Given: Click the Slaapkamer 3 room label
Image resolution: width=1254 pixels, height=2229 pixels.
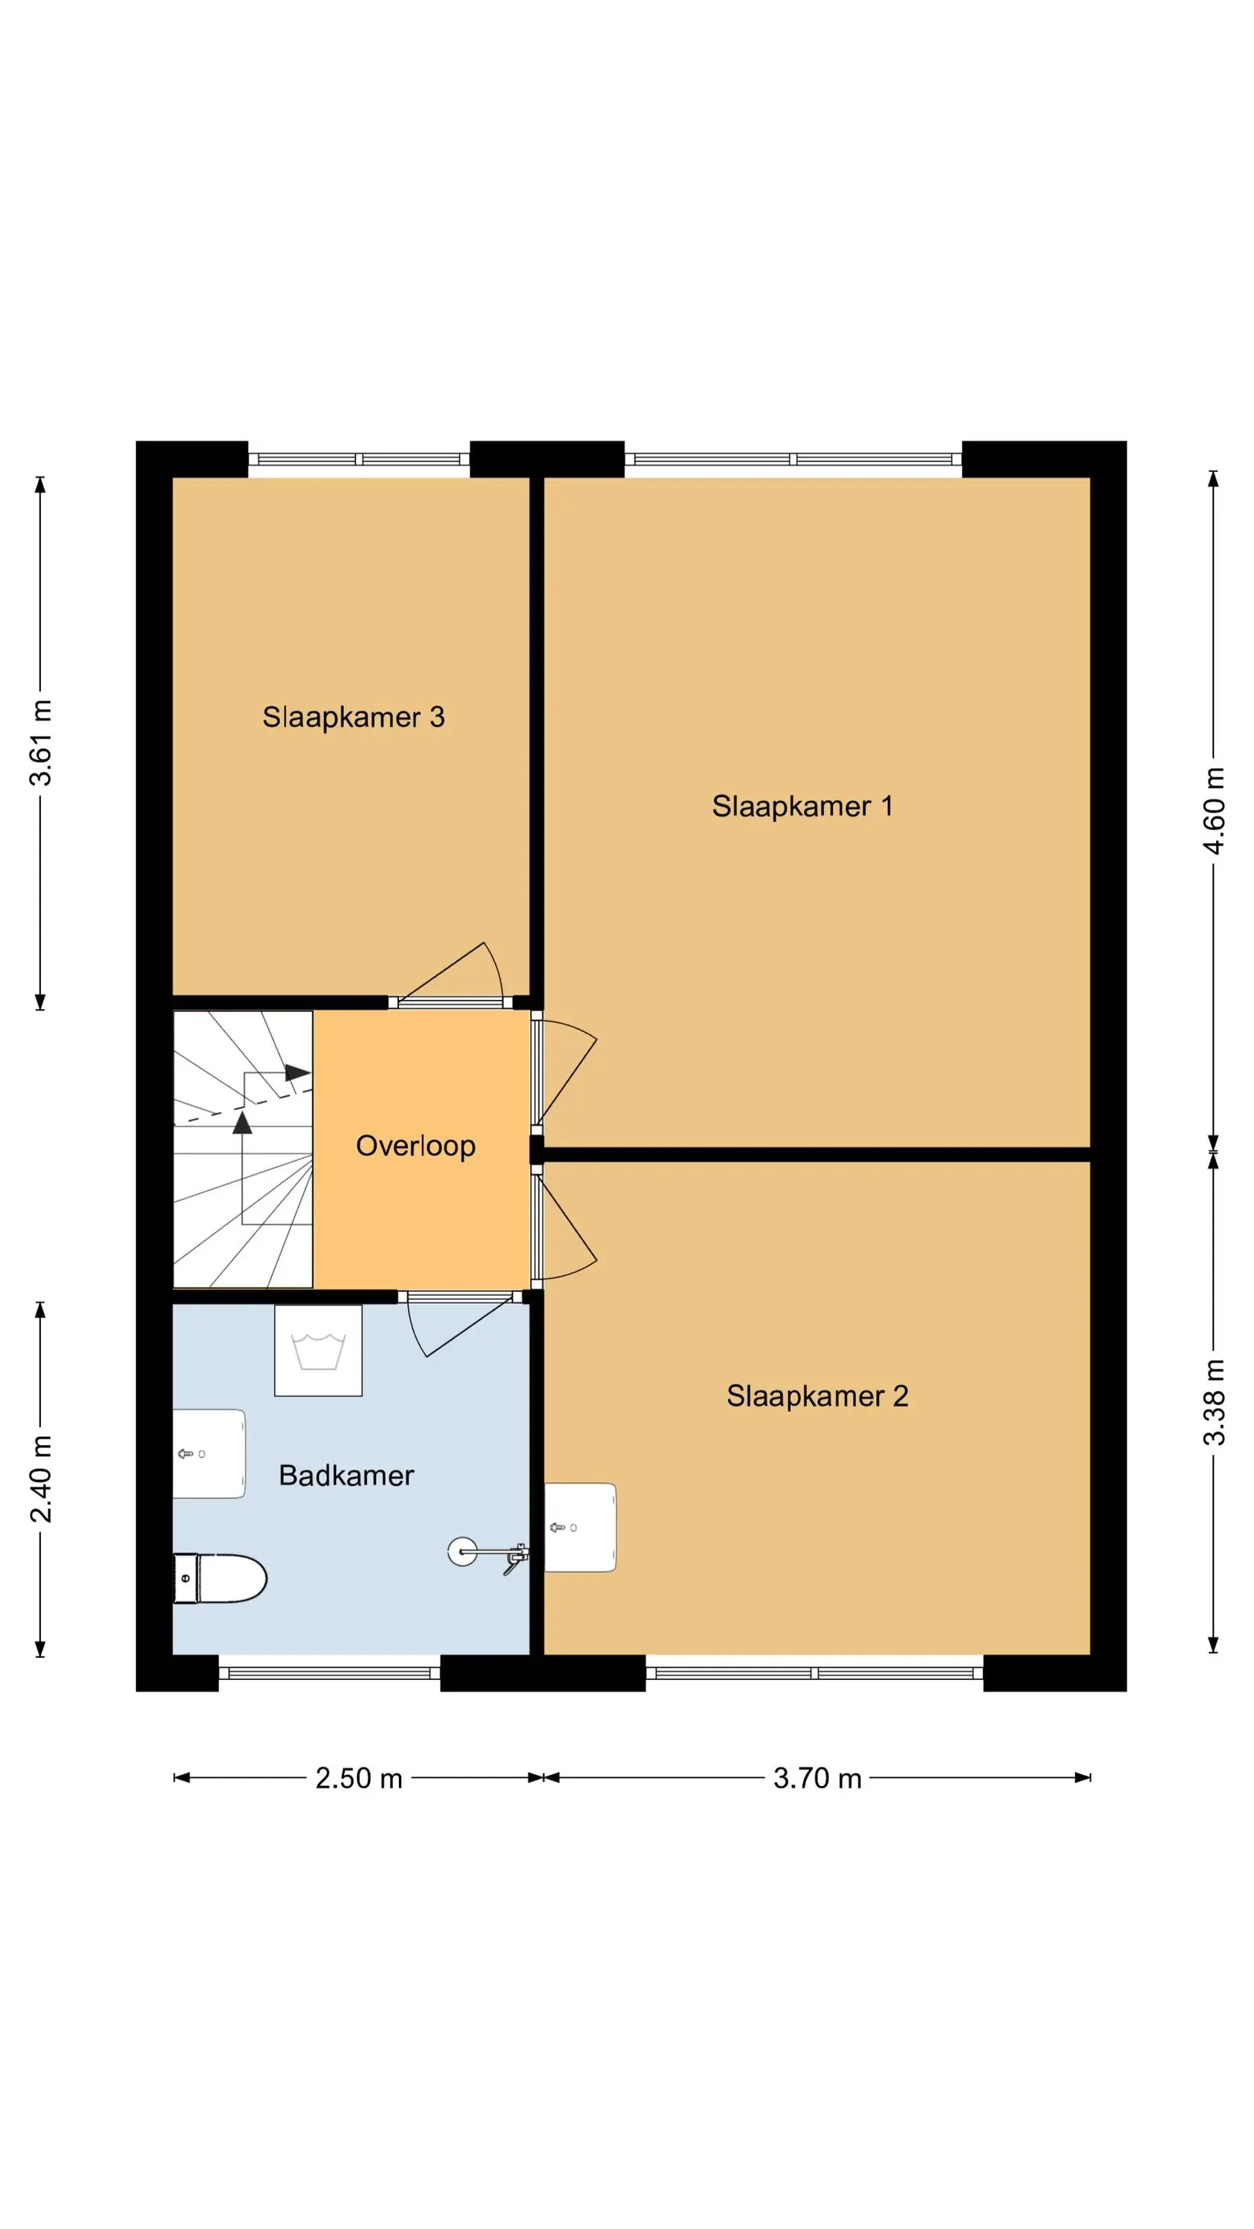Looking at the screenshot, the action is pos(353,717).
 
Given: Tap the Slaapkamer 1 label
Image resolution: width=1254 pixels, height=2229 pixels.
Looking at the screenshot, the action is pos(802,806).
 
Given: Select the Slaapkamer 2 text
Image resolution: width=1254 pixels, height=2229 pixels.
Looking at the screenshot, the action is pos(817,1397).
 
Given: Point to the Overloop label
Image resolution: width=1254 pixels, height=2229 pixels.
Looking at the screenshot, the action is pos(415,1146).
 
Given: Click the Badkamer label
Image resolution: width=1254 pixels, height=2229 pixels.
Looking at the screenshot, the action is pos(346,1476).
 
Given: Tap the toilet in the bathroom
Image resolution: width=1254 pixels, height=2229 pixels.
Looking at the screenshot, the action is pos(219,1578).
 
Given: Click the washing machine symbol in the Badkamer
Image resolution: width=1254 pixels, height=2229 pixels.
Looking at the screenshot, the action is pos(318,1351).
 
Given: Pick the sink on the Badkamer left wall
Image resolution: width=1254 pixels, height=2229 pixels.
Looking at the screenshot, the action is pos(209,1454).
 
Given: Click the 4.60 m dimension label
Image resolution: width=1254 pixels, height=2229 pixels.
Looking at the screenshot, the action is pos(1214,811).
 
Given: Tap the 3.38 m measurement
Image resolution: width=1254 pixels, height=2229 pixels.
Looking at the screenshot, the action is pos(1214,1404).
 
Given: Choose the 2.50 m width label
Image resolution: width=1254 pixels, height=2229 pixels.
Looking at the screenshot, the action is pos(359,1778).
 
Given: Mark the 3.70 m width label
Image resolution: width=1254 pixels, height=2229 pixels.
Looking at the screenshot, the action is pos(817,1778).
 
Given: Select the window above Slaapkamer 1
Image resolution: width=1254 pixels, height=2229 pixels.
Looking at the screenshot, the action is pos(793,459).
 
